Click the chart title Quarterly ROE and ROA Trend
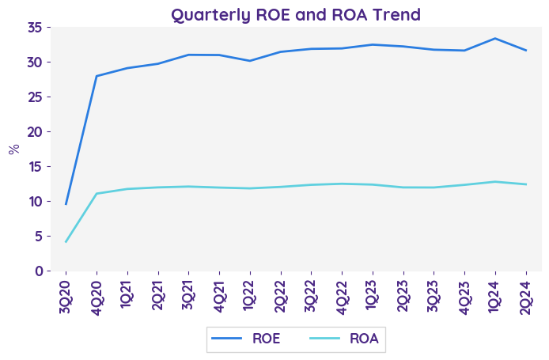pyautogui.click(x=296, y=14)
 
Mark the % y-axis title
pyautogui.click(x=14, y=149)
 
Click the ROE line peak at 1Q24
pyautogui.click(x=495, y=38)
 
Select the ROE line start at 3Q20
pyautogui.click(x=66, y=204)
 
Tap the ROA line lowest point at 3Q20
pyautogui.click(x=66, y=241)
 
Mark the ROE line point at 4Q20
pyautogui.click(x=97, y=76)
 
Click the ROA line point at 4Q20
pyautogui.click(x=97, y=193)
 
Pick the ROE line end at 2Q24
pyautogui.click(x=526, y=51)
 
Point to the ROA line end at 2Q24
pyautogui.click(x=526, y=184)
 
